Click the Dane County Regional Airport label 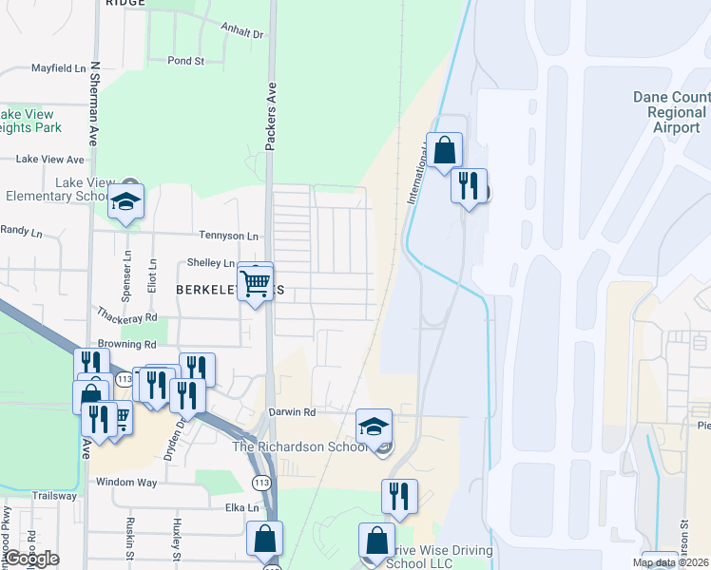671,112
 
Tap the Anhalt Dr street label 241,33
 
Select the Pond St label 185,61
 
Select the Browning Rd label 126,344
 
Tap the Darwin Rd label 291,412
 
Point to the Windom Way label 126,483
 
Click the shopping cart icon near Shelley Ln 255,282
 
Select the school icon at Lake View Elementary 125,203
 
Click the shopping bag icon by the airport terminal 444,150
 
